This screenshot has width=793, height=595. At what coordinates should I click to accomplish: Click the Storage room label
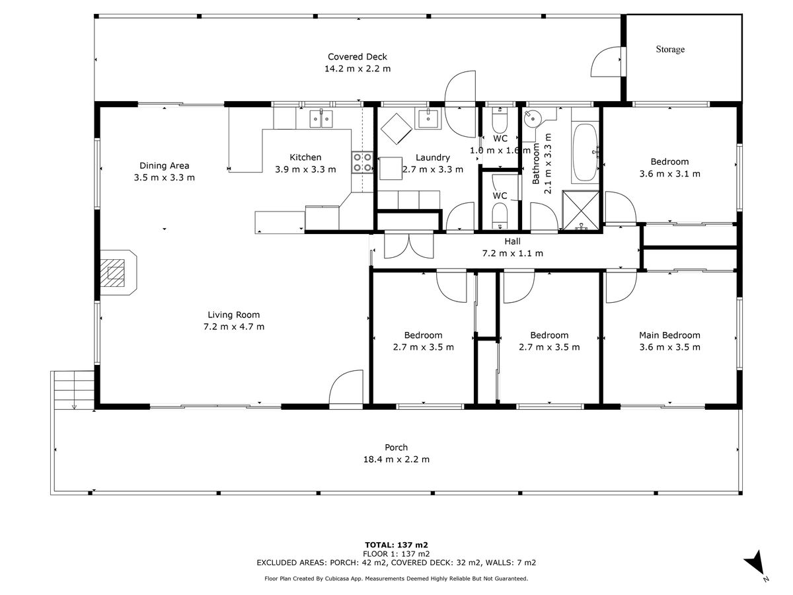[670, 49]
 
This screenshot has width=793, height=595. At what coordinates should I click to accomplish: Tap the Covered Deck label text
[357, 57]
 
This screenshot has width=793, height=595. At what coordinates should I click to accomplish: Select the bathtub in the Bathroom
[585, 153]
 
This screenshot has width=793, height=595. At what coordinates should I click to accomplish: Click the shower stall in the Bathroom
[581, 210]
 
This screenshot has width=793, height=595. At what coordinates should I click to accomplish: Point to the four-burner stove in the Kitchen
[362, 162]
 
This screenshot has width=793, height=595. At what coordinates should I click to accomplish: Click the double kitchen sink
[321, 118]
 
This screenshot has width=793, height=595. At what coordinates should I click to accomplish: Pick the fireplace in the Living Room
[118, 272]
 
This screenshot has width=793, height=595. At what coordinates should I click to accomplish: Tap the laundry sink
[428, 118]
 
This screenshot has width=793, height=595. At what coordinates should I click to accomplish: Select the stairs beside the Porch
[73, 390]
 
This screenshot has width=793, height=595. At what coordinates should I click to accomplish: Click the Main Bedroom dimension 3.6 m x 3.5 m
[669, 347]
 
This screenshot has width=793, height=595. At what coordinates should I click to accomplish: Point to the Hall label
[512, 241]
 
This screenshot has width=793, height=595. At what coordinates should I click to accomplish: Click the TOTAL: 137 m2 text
[396, 545]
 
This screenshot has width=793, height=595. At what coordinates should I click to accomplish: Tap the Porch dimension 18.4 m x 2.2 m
[396, 459]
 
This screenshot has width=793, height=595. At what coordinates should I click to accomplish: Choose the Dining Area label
[164, 165]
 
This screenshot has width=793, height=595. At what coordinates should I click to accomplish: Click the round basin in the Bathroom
[531, 118]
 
